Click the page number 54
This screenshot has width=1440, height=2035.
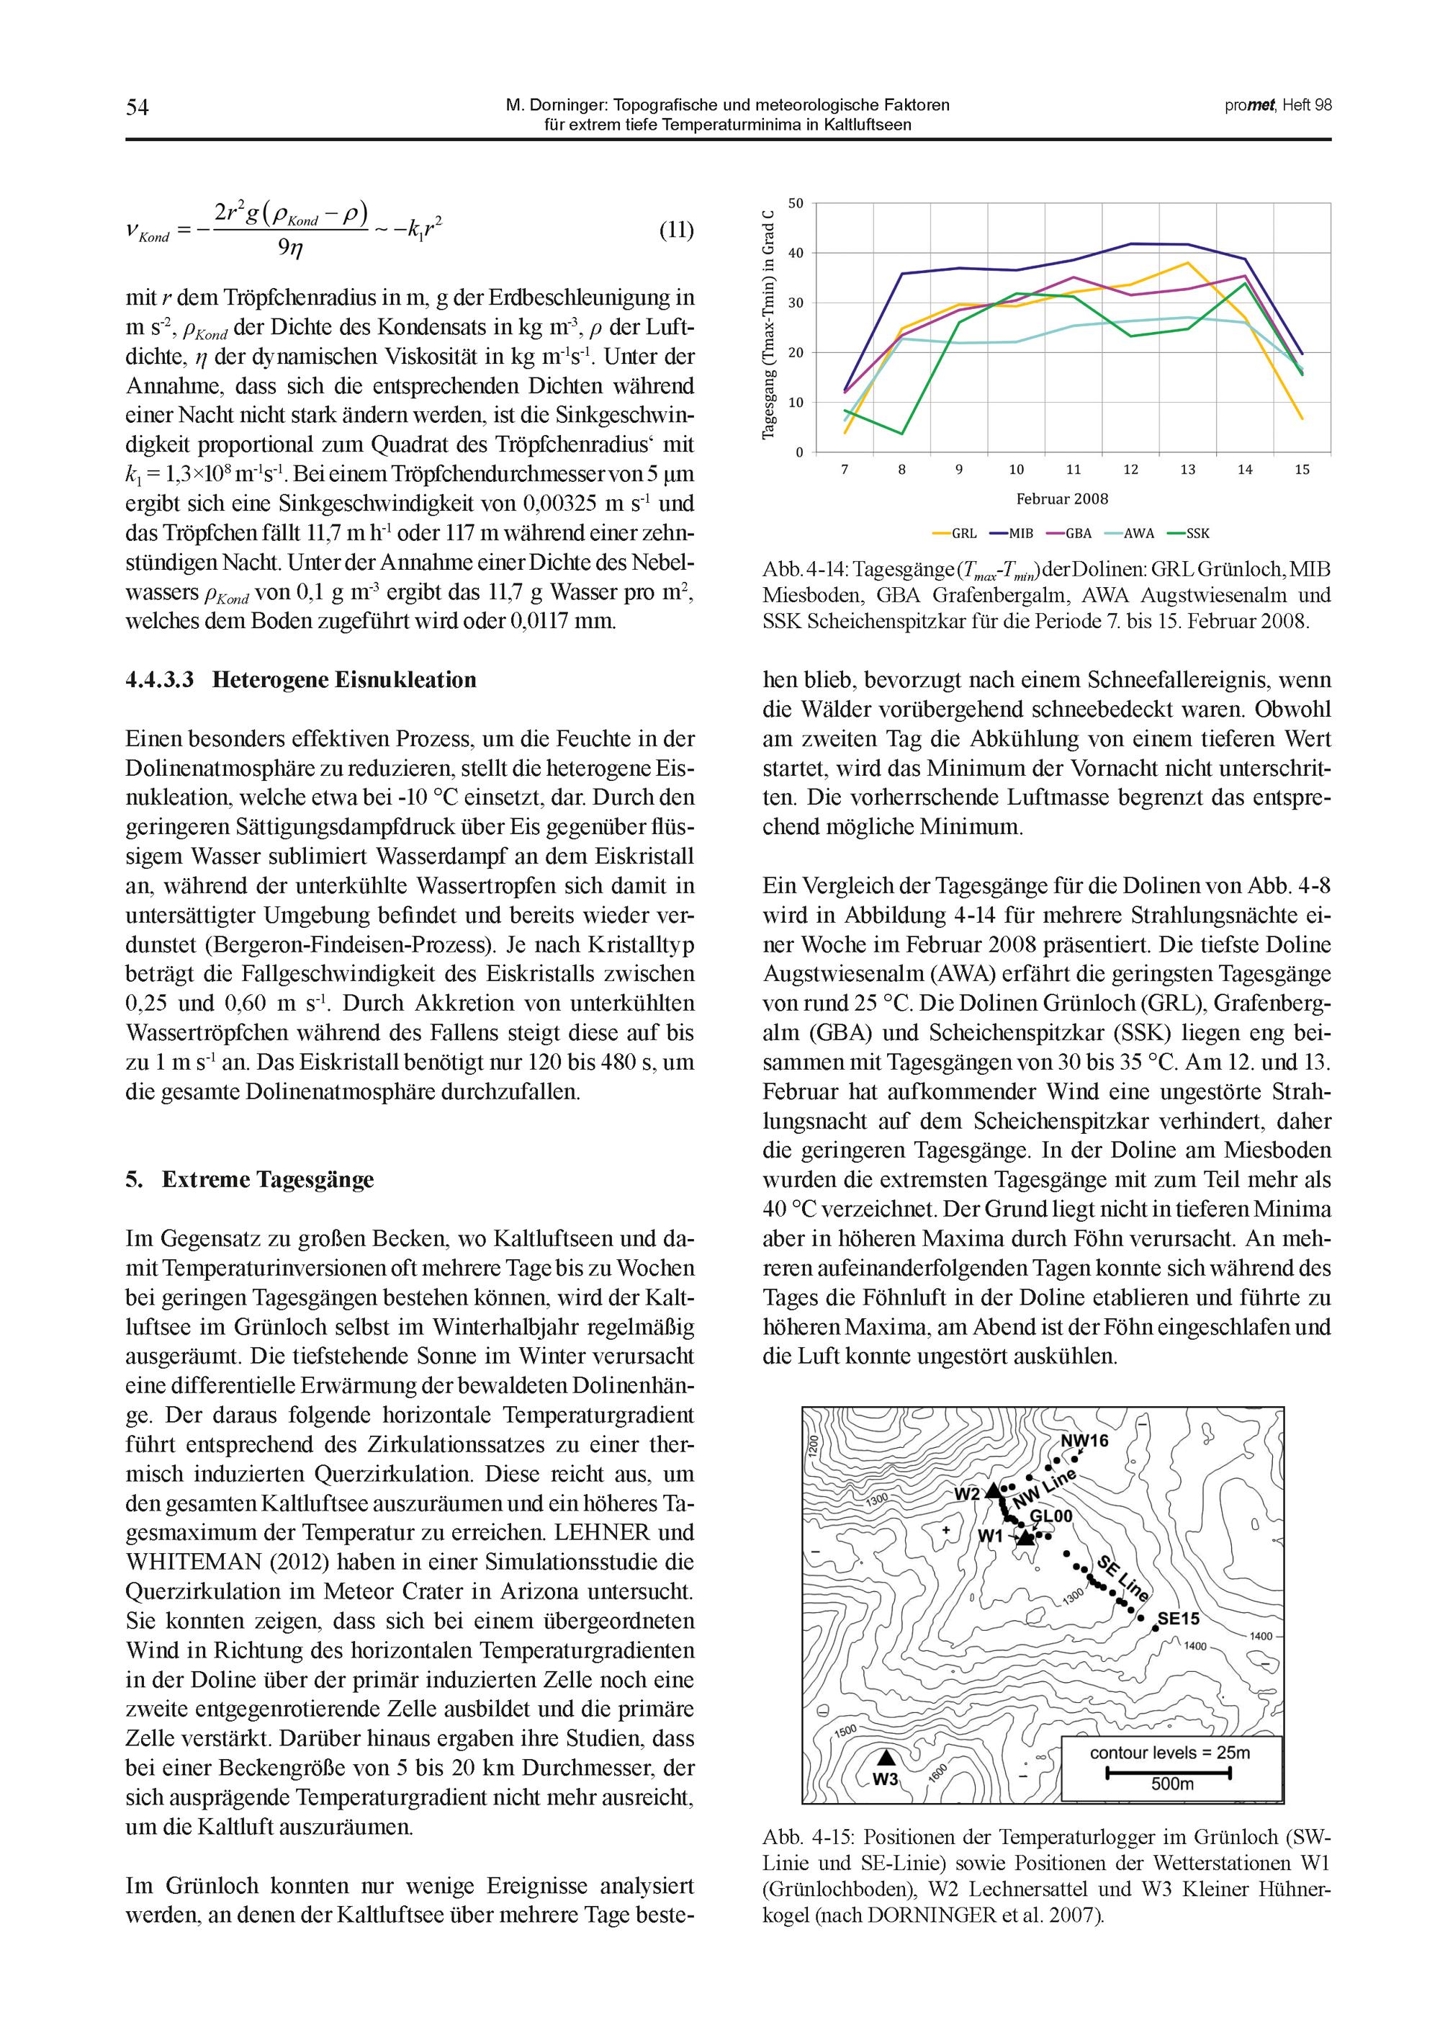(138, 107)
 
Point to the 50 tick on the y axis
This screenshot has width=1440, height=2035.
(796, 203)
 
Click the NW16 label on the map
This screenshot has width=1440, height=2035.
(1084, 1441)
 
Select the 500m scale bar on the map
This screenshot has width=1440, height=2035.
(1171, 1774)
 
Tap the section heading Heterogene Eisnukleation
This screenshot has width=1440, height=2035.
(344, 681)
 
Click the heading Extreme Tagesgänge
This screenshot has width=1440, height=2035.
(268, 1180)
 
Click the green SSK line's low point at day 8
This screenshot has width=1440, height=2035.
(901, 434)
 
